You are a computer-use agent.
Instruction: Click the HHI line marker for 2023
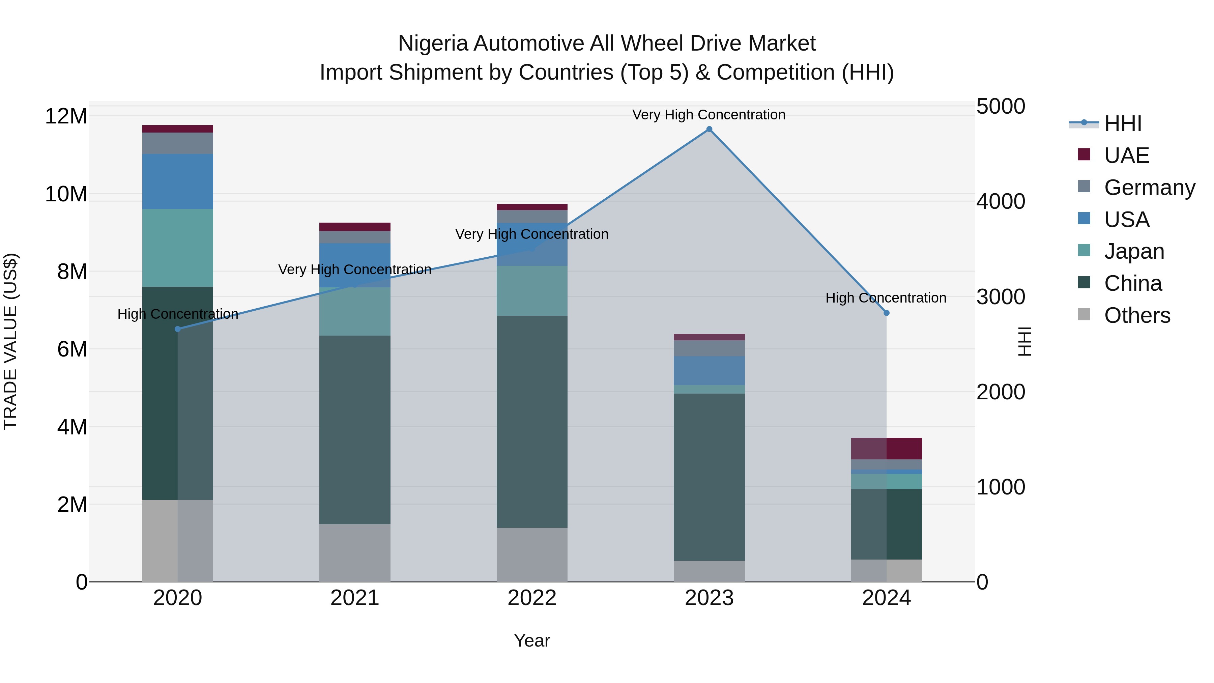709,129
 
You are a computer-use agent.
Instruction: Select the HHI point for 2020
178,329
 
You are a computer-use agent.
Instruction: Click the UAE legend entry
1126,155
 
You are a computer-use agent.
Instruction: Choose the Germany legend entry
1149,187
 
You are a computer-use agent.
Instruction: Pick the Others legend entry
1137,315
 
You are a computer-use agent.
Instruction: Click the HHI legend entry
1123,123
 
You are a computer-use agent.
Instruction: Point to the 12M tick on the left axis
66,116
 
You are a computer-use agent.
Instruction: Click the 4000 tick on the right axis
1000,201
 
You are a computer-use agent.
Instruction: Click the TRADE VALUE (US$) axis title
10,341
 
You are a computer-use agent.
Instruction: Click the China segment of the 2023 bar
709,476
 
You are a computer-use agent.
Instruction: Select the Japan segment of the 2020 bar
178,248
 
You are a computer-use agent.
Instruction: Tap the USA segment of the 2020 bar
178,181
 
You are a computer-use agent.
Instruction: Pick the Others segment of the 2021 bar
354,552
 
